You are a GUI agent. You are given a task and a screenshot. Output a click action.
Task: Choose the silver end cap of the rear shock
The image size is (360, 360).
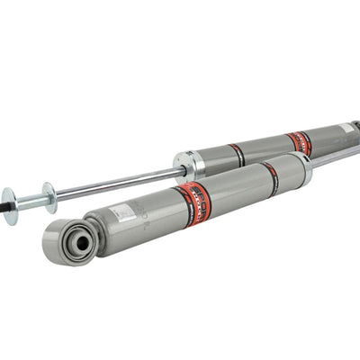click(x=188, y=164)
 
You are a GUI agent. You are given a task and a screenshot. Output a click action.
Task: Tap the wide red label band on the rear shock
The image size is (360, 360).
click(x=299, y=142)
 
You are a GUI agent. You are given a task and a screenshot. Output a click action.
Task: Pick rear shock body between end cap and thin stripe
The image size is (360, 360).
click(x=214, y=158)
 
